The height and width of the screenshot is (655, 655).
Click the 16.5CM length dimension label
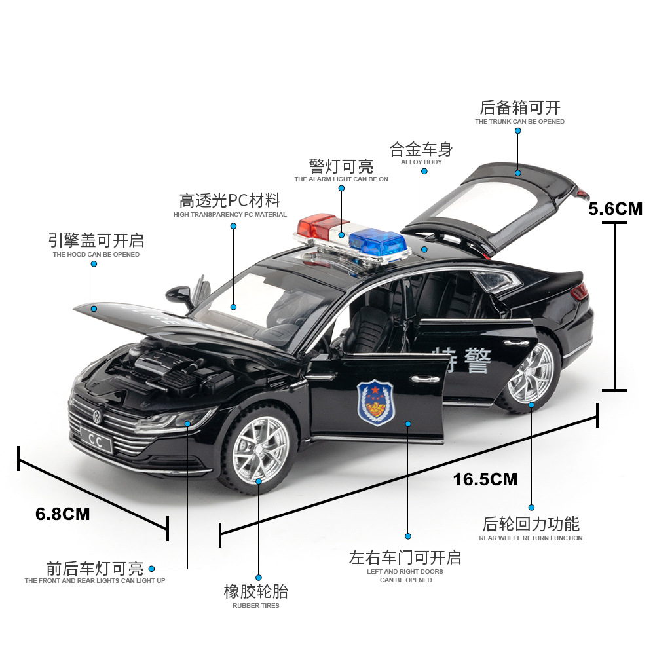tap(485, 479)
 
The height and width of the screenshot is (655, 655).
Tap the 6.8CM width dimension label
tap(63, 514)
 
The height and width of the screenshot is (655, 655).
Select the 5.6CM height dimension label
tap(615, 209)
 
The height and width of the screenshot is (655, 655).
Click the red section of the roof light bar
tap(315, 227)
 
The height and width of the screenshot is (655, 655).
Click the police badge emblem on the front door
tap(375, 402)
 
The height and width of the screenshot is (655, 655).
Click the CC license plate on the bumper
tap(95, 442)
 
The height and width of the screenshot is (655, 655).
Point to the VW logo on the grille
tap(98, 414)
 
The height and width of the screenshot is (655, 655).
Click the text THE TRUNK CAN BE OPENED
tap(519, 122)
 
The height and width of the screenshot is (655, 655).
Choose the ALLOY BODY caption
tap(421, 162)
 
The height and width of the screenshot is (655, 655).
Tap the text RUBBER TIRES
tap(255, 606)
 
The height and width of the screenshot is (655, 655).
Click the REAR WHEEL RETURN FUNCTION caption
tap(531, 538)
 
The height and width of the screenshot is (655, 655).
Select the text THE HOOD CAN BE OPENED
tap(96, 255)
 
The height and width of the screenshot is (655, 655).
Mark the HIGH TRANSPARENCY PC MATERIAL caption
tap(230, 215)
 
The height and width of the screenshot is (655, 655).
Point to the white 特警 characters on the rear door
tap(462, 359)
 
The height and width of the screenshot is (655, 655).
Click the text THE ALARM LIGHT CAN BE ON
tap(341, 179)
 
